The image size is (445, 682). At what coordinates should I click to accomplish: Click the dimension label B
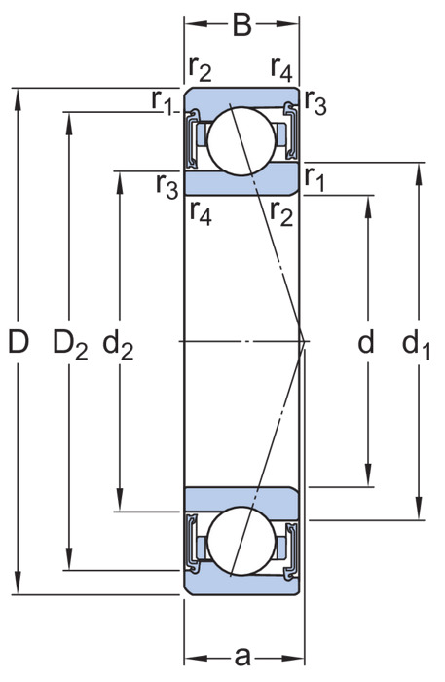242,24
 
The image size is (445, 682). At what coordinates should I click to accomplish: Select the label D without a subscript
19,341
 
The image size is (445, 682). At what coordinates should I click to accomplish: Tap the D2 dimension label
70,344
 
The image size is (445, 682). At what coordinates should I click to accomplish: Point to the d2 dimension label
118,344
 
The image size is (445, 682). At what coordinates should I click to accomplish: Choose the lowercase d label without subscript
365,341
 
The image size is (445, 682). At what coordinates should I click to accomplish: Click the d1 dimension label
416,344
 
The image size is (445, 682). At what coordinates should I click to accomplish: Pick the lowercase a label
242,657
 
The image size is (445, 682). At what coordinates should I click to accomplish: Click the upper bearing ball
241,141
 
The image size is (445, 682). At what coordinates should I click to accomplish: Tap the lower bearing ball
241,541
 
